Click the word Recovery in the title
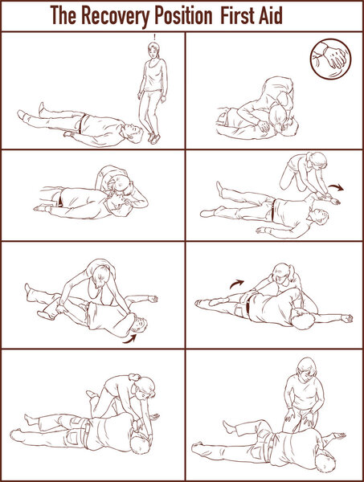115,16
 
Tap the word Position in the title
183,14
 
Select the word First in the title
236,14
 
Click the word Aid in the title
270,14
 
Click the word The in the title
63,14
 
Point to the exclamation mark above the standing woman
154,37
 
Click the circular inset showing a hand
330,59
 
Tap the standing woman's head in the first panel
153,50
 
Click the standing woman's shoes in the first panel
153,138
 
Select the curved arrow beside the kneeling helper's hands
337,187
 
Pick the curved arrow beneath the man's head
129,339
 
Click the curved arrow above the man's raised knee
236,284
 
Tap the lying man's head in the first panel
133,133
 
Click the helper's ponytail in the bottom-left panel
134,377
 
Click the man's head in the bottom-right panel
325,462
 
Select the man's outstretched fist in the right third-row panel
347,318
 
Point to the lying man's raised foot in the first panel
42,109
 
